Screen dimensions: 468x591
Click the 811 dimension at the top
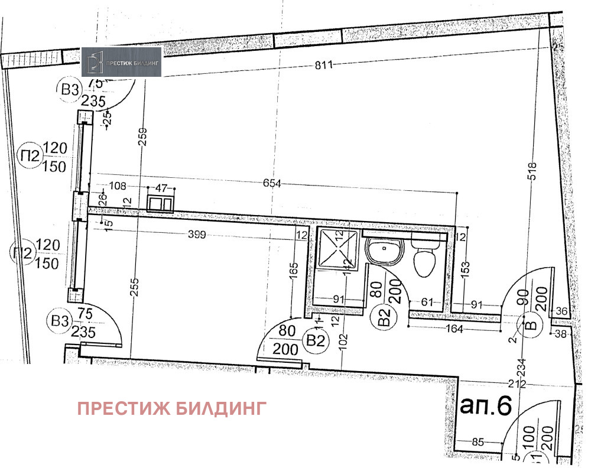tap(324, 65)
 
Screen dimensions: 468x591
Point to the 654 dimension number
tap(272, 184)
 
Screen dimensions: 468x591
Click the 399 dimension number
tap(197, 235)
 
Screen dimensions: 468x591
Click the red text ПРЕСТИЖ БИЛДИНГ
tap(172, 408)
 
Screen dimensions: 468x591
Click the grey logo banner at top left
tap(121, 61)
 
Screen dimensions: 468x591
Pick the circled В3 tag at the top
tap(70, 90)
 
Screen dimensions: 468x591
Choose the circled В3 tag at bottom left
tap(59, 322)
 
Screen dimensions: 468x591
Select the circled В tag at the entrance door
tap(530, 324)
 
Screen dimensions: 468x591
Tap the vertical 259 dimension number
tap(142, 140)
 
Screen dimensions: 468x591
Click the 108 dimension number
tap(118, 186)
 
